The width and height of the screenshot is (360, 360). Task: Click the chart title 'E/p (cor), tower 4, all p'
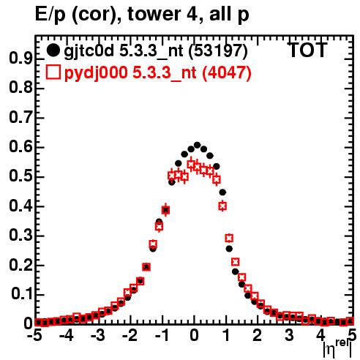tap(142, 14)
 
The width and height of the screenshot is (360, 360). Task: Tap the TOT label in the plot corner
tap(307, 50)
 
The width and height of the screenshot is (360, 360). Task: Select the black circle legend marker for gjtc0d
tap(53, 50)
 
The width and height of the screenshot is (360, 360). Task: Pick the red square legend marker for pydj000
tap(53, 72)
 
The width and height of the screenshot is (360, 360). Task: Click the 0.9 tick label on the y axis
tap(20, 59)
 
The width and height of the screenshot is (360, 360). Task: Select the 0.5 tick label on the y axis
tap(20, 176)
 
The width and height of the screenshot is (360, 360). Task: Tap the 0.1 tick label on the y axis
tap(21, 294)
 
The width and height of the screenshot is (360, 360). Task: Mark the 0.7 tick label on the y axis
tap(20, 117)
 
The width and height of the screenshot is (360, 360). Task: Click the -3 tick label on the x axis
tap(98, 335)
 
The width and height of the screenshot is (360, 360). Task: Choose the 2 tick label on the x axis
tap(257, 335)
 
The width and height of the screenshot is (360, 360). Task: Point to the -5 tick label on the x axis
tap(34, 335)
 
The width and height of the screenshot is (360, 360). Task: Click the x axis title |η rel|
tap(337, 348)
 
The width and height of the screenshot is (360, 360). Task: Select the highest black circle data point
tap(197, 145)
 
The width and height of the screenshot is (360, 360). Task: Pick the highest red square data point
tap(191, 165)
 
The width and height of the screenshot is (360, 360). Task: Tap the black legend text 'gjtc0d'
tap(89, 51)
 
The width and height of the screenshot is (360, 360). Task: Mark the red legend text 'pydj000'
tap(96, 73)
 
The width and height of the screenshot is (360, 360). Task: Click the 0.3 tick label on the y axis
tap(20, 235)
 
